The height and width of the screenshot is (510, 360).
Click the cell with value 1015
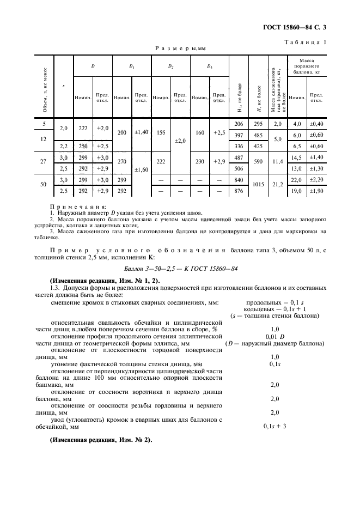click(259, 185)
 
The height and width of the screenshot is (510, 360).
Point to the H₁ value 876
click(238, 190)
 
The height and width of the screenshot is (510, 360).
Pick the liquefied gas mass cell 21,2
click(278, 185)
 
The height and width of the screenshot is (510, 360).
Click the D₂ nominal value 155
click(161, 132)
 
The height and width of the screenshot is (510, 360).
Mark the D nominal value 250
click(83, 145)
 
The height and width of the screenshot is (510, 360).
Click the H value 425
click(259, 145)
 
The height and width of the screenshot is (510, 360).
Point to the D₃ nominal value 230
click(200, 162)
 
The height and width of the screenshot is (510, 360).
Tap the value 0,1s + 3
click(275, 426)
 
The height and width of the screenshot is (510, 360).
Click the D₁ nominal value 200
click(121, 132)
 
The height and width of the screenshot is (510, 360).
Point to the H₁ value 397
click(238, 135)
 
